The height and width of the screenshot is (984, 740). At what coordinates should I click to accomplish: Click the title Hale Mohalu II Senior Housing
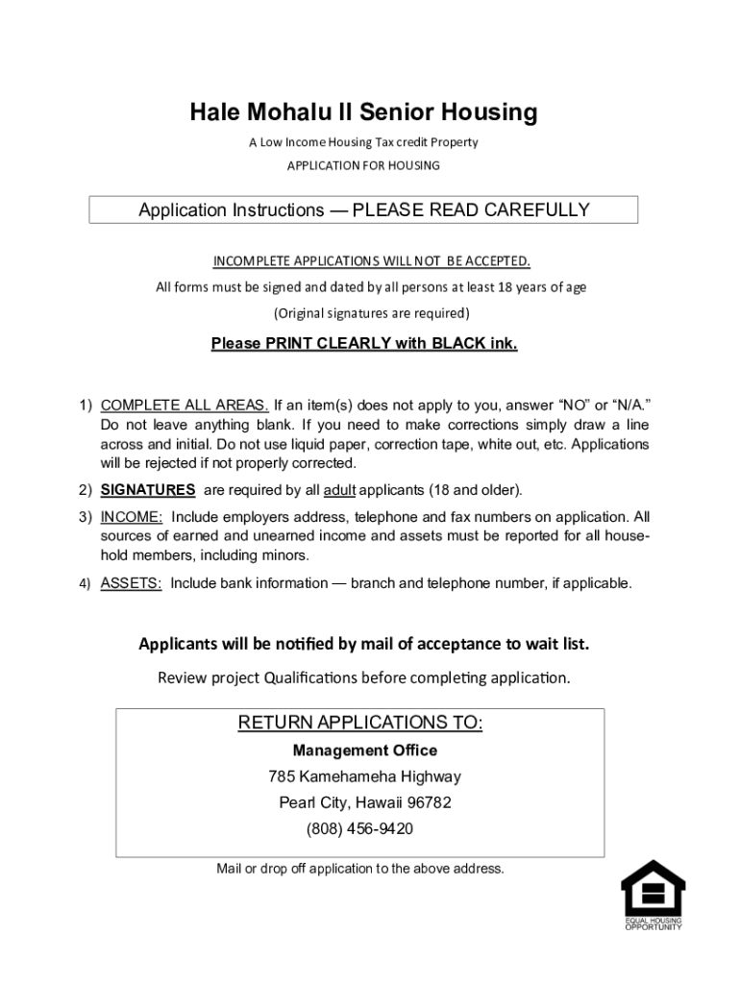pos(363,113)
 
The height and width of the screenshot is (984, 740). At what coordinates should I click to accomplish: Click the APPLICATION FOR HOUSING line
pos(363,165)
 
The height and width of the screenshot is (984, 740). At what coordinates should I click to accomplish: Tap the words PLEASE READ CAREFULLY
pos(471,210)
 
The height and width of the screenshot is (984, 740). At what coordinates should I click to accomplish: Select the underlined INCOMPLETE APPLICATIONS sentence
pos(371,261)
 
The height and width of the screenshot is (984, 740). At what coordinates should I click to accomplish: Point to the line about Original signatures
pos(371,313)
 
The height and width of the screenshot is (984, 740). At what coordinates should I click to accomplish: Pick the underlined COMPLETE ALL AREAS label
pos(185,404)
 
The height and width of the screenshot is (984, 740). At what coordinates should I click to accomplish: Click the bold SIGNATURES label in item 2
pos(148,490)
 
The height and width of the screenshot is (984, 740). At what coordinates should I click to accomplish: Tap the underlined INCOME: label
pos(132,517)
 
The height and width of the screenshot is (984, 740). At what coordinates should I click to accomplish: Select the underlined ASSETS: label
pos(131,583)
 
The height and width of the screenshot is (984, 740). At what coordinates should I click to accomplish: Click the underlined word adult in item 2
pos(340,490)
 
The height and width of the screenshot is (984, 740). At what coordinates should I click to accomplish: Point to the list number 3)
pos(86,517)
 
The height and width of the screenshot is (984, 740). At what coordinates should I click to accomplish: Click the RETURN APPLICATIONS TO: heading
pos(360,723)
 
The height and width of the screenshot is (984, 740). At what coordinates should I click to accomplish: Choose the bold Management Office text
pos(364,750)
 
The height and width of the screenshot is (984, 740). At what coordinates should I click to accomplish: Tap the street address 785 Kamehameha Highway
pos(364,776)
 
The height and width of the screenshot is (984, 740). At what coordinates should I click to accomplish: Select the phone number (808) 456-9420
pos(360,828)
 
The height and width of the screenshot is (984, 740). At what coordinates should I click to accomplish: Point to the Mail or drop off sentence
pos(360,869)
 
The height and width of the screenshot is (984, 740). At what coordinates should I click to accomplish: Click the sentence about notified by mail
pos(363,644)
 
